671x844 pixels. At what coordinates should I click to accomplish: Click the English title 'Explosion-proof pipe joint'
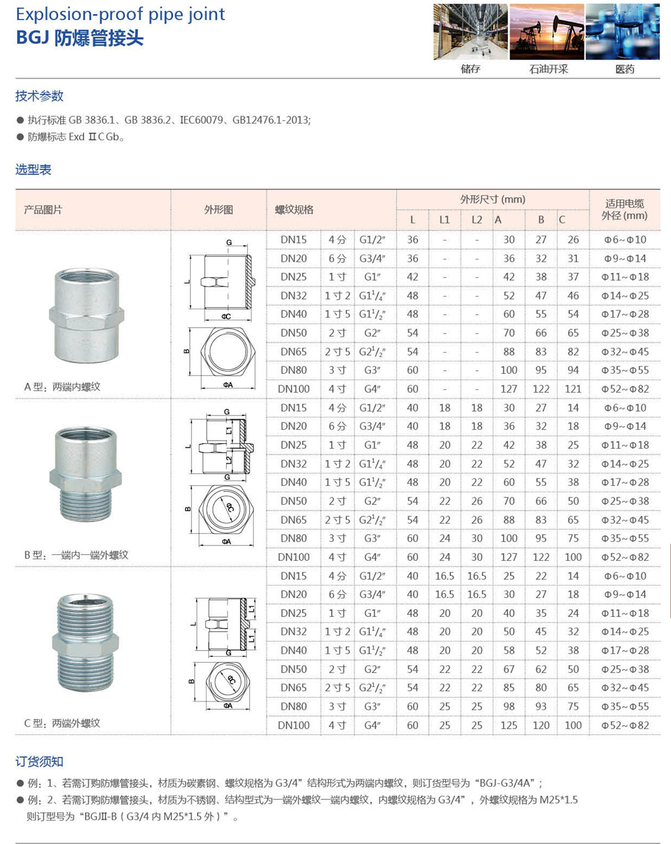[x=120, y=14]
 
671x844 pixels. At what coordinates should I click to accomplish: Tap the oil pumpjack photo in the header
[x=547, y=32]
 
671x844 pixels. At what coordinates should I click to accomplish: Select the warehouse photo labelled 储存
[x=470, y=32]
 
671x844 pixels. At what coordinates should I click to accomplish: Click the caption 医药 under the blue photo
[x=625, y=70]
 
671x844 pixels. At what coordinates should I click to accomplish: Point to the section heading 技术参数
[x=40, y=96]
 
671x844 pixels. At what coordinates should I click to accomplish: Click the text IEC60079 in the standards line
[x=201, y=120]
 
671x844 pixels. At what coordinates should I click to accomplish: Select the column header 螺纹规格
[x=294, y=210]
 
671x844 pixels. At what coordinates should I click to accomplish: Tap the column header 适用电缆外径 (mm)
[x=624, y=210]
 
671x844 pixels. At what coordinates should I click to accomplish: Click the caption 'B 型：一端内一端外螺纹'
[x=76, y=555]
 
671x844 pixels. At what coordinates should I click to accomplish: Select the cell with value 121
[x=573, y=389]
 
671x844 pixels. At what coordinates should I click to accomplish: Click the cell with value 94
[x=573, y=370]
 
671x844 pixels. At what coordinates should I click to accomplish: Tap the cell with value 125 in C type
[x=509, y=725]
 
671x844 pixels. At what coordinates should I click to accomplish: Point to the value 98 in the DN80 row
[x=509, y=706]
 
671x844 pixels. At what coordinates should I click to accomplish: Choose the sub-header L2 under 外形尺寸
[x=476, y=220]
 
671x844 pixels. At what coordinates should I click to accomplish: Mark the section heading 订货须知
[x=40, y=762]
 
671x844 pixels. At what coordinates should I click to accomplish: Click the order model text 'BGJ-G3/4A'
[x=506, y=783]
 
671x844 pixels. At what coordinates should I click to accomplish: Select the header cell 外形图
[x=218, y=210]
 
